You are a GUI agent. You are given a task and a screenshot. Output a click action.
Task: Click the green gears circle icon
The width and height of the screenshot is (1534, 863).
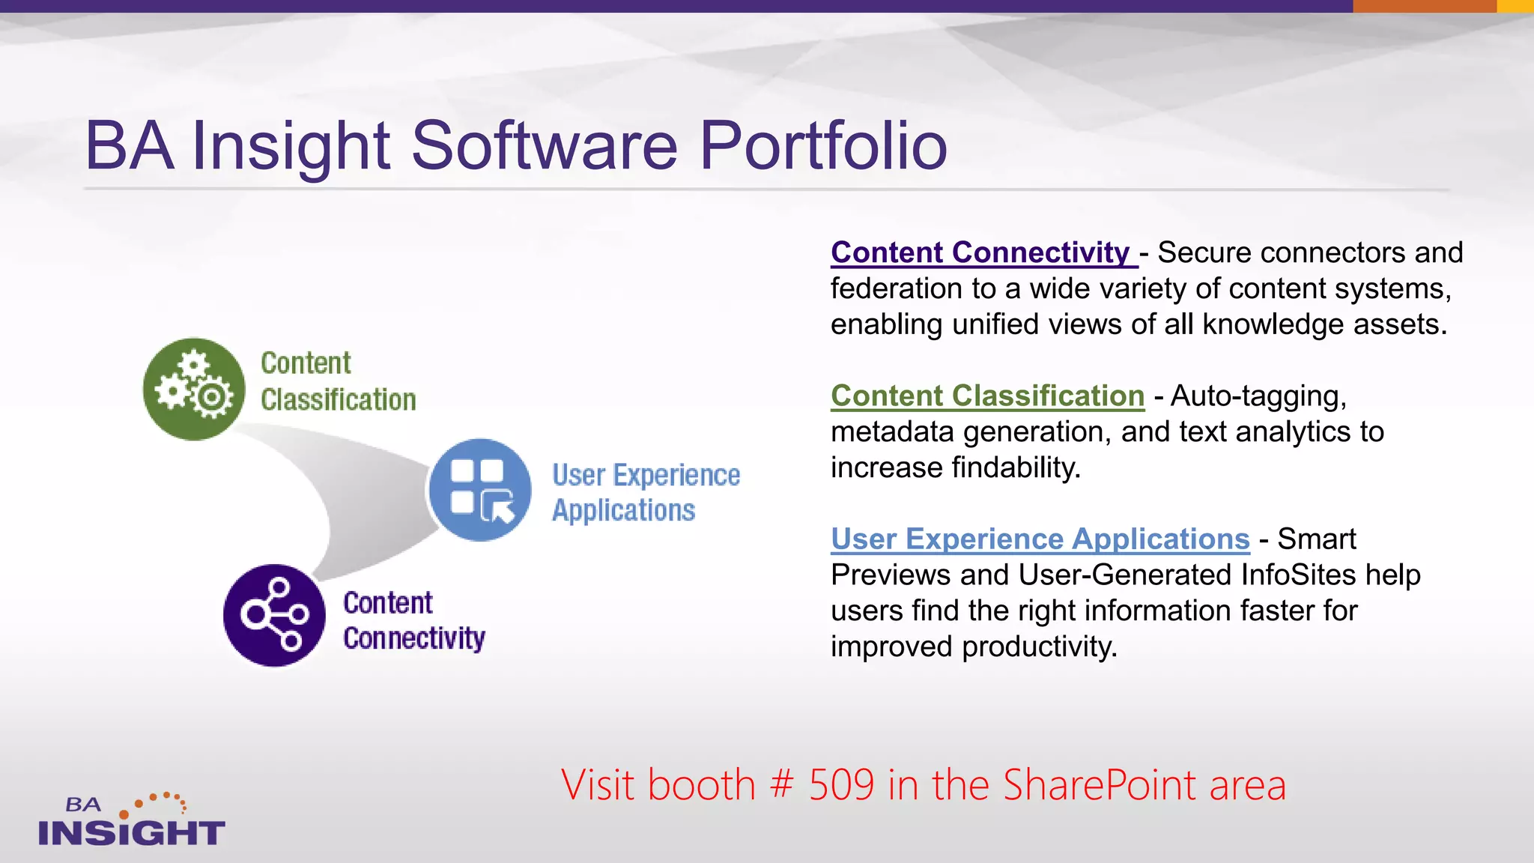(x=194, y=389)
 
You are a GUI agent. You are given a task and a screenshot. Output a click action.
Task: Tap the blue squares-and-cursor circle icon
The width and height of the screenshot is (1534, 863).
(x=480, y=490)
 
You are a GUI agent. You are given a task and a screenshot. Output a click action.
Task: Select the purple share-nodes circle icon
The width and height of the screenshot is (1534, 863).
(x=274, y=615)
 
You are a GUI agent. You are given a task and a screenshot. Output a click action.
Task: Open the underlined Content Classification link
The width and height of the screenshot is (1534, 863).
(x=987, y=396)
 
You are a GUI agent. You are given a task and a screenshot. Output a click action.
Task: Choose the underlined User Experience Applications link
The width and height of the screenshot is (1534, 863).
(x=1040, y=539)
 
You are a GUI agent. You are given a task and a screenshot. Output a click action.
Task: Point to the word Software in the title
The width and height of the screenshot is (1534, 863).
(x=545, y=145)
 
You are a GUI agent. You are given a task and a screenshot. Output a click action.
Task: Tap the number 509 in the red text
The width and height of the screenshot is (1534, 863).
(x=841, y=785)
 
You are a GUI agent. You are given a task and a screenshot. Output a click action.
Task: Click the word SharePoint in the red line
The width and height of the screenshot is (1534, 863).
(x=1100, y=785)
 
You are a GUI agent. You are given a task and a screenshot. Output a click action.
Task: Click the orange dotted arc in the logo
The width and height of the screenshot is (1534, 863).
(x=159, y=802)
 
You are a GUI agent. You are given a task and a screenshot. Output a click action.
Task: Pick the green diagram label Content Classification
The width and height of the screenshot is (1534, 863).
(x=337, y=381)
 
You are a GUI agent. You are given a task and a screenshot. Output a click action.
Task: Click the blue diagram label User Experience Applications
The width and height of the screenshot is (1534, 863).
(x=645, y=492)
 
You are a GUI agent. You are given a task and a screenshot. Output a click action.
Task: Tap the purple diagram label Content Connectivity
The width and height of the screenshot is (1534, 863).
(x=413, y=621)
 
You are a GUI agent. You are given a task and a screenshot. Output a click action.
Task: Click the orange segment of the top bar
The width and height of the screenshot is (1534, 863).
(x=1424, y=6)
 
